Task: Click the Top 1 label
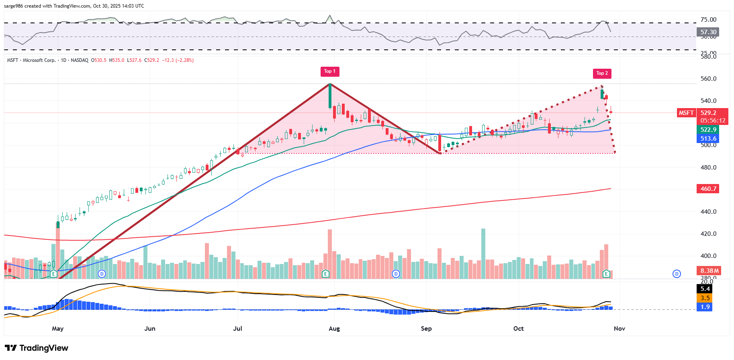pyautogui.click(x=330, y=72)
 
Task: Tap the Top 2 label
pyautogui.click(x=602, y=73)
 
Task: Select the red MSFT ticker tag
pyautogui.click(x=686, y=113)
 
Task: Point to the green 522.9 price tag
pyautogui.click(x=708, y=130)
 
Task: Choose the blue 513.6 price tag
pyautogui.click(x=708, y=139)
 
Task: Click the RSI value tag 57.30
pyautogui.click(x=708, y=32)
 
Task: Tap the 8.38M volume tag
pyautogui.click(x=709, y=270)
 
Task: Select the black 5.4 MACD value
pyautogui.click(x=705, y=289)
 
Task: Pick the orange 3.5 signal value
pyautogui.click(x=705, y=298)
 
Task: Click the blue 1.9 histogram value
pyautogui.click(x=705, y=307)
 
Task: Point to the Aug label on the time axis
pyautogui.click(x=334, y=329)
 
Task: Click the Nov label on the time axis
pyautogui.click(x=620, y=329)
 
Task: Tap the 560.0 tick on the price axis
pyautogui.click(x=708, y=79)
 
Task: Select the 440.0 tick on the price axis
pyautogui.click(x=708, y=212)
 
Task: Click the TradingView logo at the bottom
pyautogui.click(x=37, y=348)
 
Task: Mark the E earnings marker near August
pyautogui.click(x=326, y=274)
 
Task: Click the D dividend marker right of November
pyautogui.click(x=677, y=274)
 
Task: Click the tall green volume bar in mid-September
pyautogui.click(x=483, y=253)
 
